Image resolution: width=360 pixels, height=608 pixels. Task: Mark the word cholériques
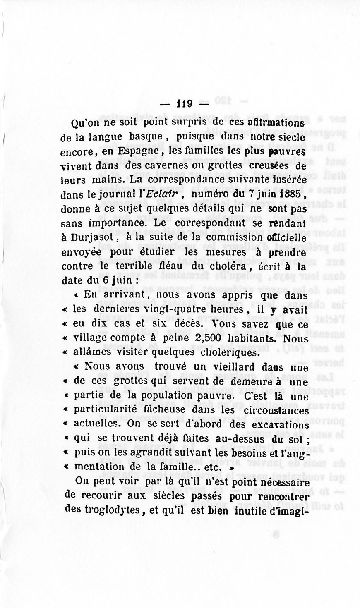[x=229, y=352]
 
